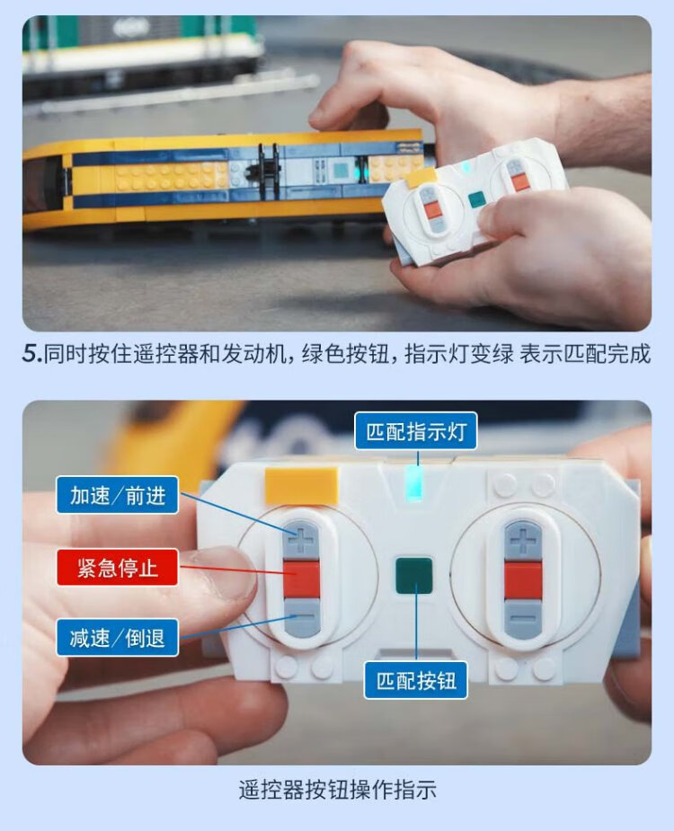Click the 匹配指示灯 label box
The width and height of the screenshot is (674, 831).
(416, 431)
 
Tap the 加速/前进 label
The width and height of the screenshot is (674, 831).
(117, 495)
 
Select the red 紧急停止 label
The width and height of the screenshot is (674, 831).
(117, 567)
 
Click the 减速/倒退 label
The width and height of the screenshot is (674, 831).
(117, 638)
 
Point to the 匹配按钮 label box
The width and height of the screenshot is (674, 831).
(416, 680)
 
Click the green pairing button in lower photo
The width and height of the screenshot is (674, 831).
(413, 576)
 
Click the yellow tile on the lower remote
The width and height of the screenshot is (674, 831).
(301, 485)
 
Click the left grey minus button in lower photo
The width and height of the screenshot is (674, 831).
(302, 617)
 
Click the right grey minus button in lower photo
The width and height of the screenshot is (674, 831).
(523, 617)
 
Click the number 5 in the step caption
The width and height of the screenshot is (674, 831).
(30, 353)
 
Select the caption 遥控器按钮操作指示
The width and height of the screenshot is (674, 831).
(337, 790)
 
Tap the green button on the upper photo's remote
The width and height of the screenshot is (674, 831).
(476, 200)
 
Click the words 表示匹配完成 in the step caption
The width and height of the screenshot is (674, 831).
(585, 353)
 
